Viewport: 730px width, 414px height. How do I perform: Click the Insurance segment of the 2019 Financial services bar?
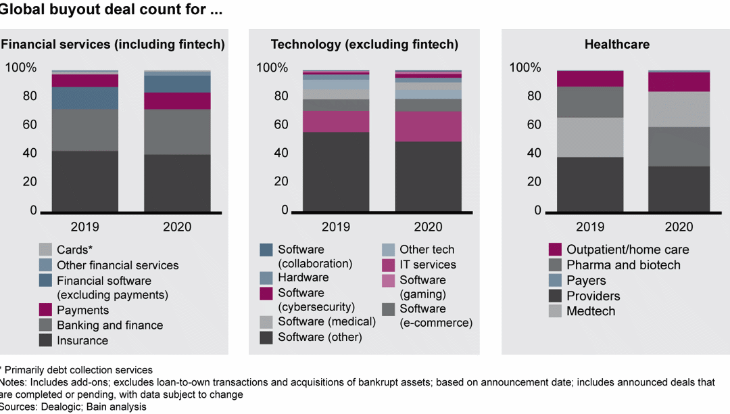(x=85, y=181)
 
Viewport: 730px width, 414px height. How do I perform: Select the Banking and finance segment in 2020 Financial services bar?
(x=177, y=132)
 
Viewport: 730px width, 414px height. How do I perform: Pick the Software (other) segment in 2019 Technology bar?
(x=336, y=172)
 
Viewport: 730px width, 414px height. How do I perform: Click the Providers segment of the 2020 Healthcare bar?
(x=679, y=189)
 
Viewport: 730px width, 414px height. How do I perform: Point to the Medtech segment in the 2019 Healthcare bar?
(x=590, y=137)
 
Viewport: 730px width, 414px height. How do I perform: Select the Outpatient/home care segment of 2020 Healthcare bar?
(x=679, y=82)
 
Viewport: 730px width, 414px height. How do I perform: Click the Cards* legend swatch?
(x=45, y=250)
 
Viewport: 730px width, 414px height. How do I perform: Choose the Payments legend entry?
(x=82, y=310)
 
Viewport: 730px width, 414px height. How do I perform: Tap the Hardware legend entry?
(x=303, y=277)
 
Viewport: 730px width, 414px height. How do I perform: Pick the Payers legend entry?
(x=586, y=280)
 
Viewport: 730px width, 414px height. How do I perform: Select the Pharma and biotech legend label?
(x=623, y=264)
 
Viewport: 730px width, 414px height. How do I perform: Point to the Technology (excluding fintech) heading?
(x=364, y=45)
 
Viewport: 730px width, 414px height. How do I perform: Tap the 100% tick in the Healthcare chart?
(x=525, y=68)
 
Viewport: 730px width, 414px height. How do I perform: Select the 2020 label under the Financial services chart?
(x=177, y=227)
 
